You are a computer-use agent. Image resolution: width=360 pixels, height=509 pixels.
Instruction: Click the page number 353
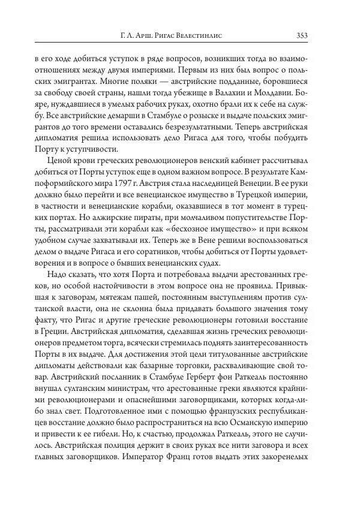[x=302, y=35]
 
